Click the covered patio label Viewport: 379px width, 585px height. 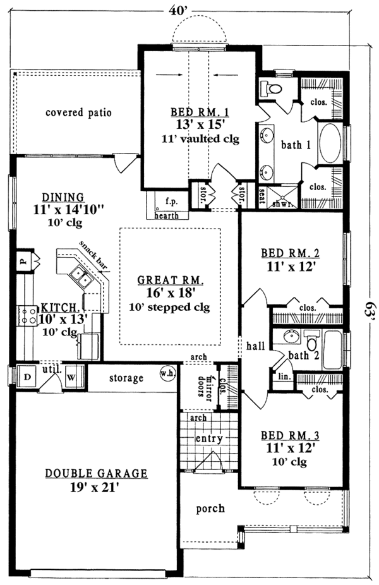point(78,113)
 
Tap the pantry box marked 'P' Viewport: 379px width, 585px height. point(21,258)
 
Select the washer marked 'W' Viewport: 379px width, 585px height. point(71,377)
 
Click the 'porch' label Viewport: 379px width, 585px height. point(210,508)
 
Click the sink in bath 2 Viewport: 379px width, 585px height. point(292,336)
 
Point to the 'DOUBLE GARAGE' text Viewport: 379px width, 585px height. point(95,473)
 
